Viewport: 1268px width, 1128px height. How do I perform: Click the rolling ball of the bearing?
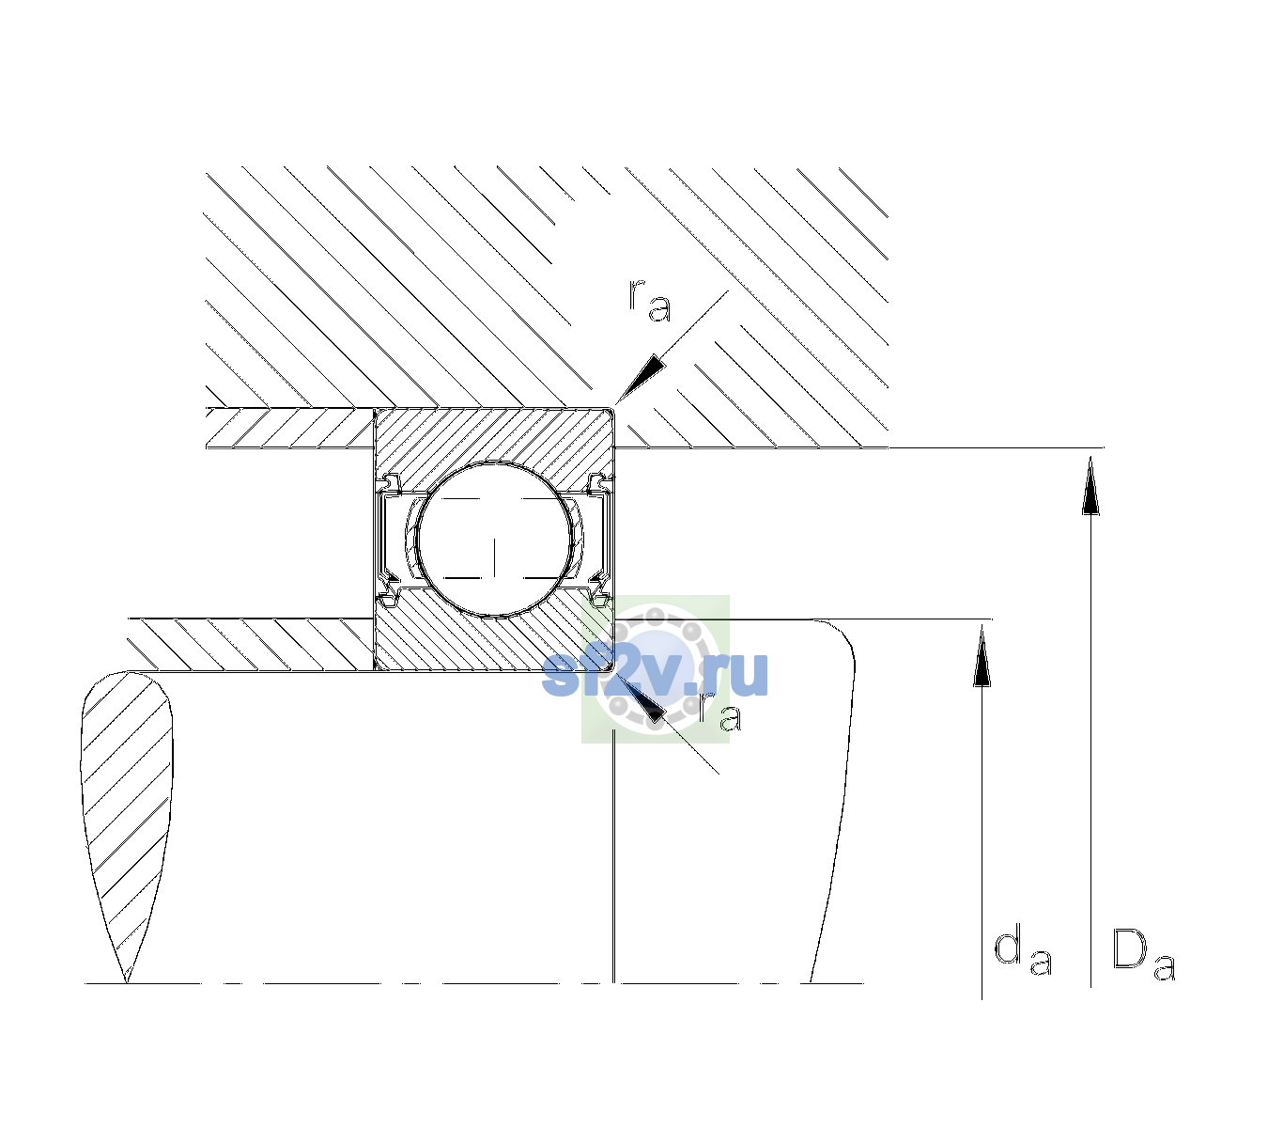(494, 540)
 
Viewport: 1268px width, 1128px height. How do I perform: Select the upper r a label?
(650, 301)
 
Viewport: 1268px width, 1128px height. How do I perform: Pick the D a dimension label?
(1143, 955)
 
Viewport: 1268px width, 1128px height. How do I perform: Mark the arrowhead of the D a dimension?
(1090, 485)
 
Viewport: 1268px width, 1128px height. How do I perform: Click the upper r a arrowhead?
(641, 378)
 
